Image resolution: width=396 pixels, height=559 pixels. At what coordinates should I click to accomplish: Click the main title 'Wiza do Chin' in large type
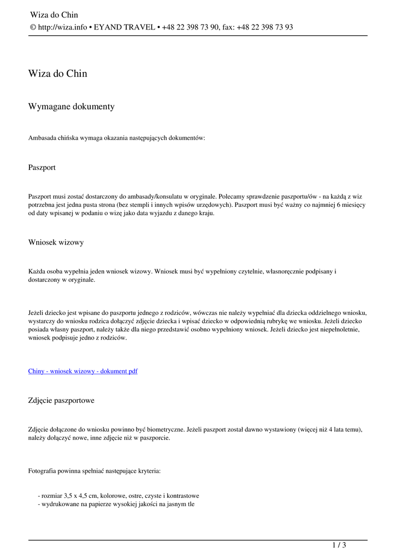pyautogui.click(x=57, y=74)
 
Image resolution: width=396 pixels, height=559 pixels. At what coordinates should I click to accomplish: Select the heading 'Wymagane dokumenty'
pyautogui.click(x=71, y=106)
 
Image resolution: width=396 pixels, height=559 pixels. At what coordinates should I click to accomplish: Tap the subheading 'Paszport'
pyautogui.click(x=42, y=167)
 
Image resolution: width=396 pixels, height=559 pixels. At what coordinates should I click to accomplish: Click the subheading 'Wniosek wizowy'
pyautogui.click(x=56, y=242)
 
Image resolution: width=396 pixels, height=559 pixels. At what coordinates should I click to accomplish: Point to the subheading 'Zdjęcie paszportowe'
pyautogui.click(x=61, y=400)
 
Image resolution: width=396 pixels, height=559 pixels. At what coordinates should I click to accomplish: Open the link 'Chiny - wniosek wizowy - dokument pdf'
pyautogui.click(x=82, y=371)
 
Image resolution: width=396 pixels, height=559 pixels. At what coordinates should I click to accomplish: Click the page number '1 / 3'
pyautogui.click(x=339, y=545)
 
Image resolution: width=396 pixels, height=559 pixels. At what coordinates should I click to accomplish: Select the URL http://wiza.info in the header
pyautogui.click(x=62, y=27)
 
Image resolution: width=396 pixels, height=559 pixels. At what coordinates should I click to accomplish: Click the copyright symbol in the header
pyautogui.click(x=33, y=27)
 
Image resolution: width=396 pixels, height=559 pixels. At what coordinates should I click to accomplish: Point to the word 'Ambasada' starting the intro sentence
pyautogui.click(x=42, y=138)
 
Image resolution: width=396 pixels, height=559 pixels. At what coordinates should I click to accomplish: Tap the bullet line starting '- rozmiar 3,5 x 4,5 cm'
pyautogui.click(x=118, y=496)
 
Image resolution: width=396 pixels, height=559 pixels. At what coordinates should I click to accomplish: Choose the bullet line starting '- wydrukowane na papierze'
pyautogui.click(x=116, y=504)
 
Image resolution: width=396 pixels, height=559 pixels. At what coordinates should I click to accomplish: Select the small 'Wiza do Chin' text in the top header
pyautogui.click(x=54, y=15)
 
